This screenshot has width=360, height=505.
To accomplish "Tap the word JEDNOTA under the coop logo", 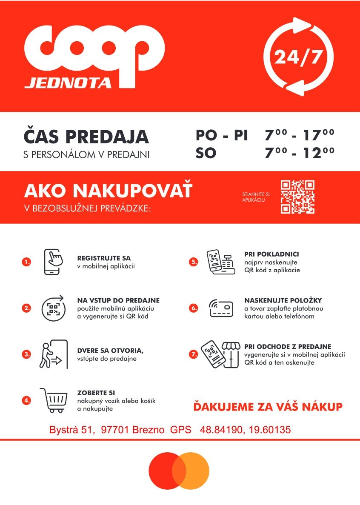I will tap(68, 82).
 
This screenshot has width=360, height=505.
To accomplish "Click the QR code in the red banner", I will tap(297, 197).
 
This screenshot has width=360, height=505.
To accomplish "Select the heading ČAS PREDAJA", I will tap(86, 136).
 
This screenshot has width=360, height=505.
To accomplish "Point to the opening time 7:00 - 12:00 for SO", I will tap(299, 152).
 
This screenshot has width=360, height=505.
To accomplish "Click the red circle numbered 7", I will tap(194, 354).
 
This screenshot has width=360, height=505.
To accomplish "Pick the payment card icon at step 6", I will tap(221, 308).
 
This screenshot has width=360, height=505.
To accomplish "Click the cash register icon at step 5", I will tap(221, 262).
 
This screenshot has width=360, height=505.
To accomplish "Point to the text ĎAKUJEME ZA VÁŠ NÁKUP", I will tap(268, 407).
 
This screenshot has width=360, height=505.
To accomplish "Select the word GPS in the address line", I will tap(181, 430).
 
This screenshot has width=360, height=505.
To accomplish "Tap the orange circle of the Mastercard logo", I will tap(194, 471).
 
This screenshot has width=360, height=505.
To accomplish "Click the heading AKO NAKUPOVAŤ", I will tap(108, 191).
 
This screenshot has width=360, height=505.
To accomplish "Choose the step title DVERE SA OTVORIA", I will tap(110, 351).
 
